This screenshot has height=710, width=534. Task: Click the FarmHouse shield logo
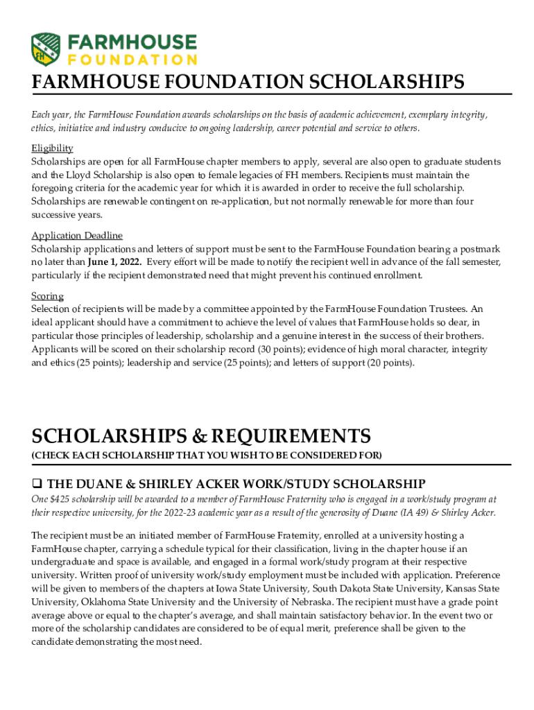point(46,49)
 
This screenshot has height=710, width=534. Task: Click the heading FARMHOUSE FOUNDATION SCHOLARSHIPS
point(248,83)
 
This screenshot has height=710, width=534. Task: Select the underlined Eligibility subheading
point(52,148)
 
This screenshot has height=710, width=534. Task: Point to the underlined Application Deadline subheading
point(77,235)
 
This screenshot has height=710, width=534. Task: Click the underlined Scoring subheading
point(47,296)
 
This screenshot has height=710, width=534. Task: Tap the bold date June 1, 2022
point(115,262)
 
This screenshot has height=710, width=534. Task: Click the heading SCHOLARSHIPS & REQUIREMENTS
point(201,436)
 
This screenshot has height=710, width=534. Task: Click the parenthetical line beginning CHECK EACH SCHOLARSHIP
point(206,455)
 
